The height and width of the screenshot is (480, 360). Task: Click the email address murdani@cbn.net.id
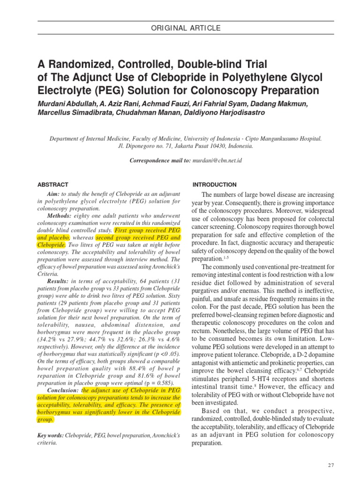pos(217,161)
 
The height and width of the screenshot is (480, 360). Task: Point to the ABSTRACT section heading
pos(52,185)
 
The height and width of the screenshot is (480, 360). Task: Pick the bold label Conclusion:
pos(64,390)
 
